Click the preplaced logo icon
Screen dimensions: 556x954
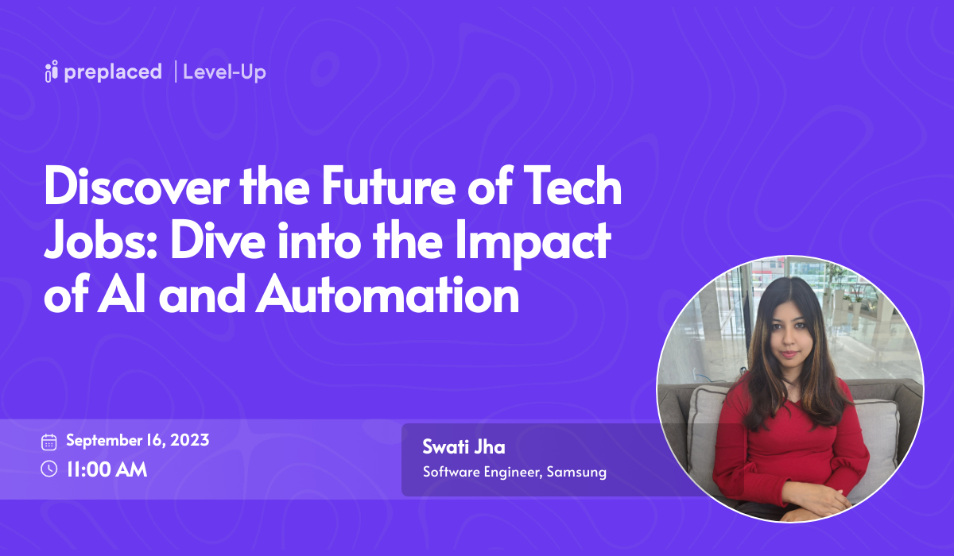tap(52, 72)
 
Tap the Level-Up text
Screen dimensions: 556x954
tap(224, 72)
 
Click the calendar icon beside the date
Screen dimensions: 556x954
tap(49, 442)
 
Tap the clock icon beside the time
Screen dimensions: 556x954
tap(49, 469)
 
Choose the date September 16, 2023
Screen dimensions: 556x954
tap(138, 441)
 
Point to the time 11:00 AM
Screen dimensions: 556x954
tap(107, 469)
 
